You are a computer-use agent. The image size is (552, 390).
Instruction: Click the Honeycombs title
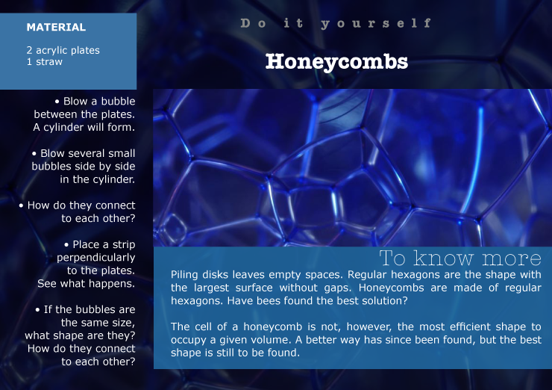(x=336, y=62)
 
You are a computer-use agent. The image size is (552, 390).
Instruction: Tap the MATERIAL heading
(x=56, y=27)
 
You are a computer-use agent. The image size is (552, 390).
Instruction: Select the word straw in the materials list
(x=49, y=62)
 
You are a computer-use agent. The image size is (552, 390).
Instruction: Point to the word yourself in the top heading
(x=376, y=24)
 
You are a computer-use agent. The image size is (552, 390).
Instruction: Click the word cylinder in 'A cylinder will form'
(x=63, y=127)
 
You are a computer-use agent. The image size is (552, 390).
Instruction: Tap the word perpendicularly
(x=95, y=258)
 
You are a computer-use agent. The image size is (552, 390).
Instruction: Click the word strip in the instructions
(x=124, y=245)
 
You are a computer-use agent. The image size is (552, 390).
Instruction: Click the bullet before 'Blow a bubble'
(x=57, y=102)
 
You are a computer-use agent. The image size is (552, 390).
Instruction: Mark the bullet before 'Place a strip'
(x=66, y=245)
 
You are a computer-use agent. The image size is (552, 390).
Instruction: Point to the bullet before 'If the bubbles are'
(x=37, y=310)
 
